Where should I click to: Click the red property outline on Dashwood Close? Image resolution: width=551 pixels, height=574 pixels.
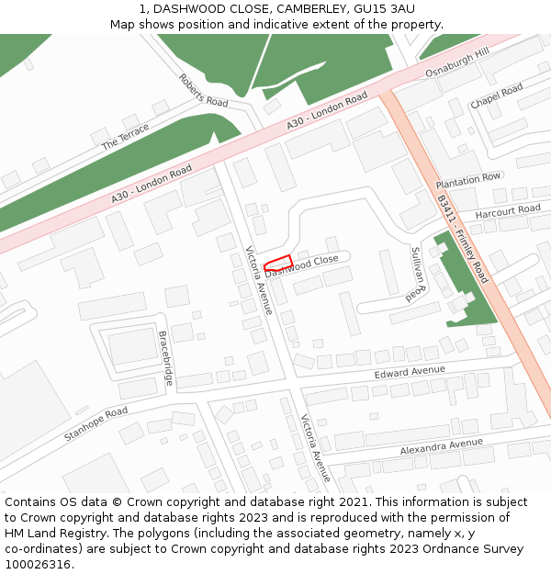click(x=278, y=263)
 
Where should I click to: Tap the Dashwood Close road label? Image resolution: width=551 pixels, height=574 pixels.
click(x=302, y=265)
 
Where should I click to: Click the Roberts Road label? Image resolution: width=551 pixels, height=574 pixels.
click(x=203, y=91)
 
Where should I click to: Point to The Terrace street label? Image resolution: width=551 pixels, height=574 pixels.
click(x=125, y=137)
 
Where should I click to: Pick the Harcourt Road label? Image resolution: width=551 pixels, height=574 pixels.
click(x=508, y=212)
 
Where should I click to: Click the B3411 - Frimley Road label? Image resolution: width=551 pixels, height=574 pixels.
click(x=462, y=237)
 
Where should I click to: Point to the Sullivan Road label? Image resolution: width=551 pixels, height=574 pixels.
click(x=418, y=274)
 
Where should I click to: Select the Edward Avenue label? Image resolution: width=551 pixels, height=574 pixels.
click(x=410, y=372)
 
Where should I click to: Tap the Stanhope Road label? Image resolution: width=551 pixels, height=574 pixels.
click(x=96, y=423)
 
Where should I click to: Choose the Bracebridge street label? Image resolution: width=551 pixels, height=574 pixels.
click(x=165, y=357)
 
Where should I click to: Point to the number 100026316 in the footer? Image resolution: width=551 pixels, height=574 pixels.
click(x=37, y=564)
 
